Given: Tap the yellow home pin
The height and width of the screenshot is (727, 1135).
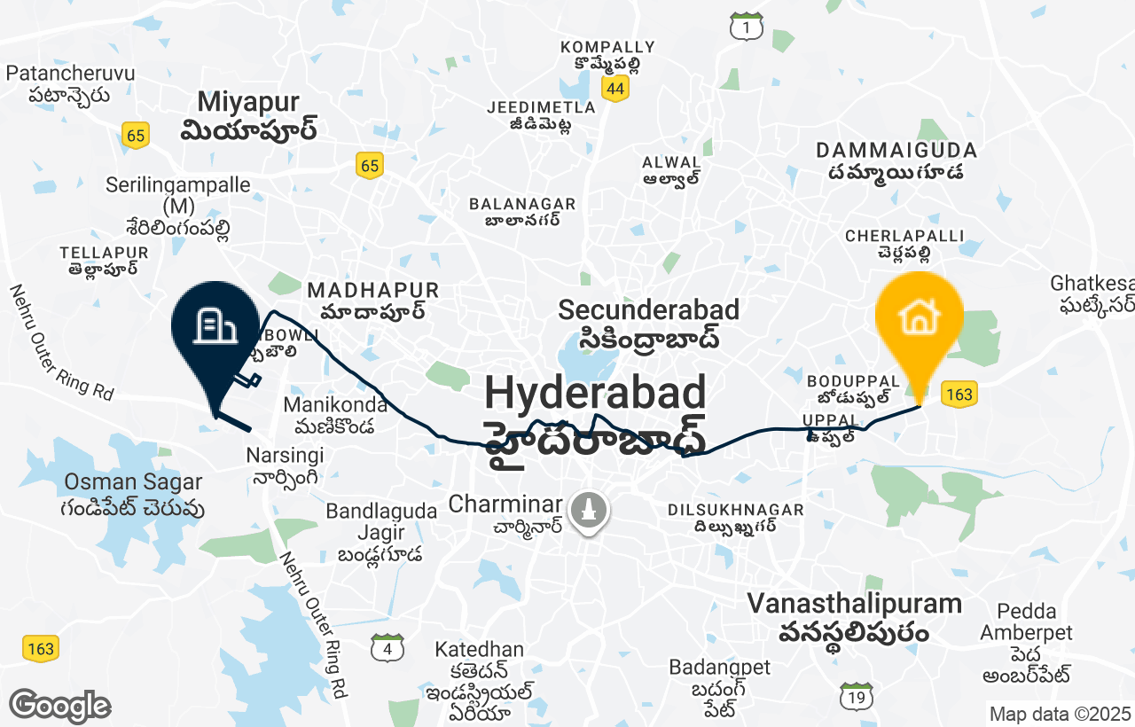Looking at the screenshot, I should coord(919,317).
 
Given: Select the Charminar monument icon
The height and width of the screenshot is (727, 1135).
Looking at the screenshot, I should coord(587,512).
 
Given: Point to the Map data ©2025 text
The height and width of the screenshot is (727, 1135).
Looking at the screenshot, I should coord(1060,714).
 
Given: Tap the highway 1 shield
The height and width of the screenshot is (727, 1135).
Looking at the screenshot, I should coord(747,28).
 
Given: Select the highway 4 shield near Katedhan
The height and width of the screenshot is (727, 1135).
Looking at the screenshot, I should coord(387,648).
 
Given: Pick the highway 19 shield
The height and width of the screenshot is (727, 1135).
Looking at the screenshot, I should coord(856,698).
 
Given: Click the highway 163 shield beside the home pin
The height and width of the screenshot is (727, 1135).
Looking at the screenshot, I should coord(959,394).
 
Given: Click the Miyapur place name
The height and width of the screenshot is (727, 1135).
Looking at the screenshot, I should coord(248,102).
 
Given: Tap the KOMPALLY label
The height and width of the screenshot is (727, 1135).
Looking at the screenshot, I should coord(607,47).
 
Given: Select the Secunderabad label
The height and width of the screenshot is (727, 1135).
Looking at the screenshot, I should coord(648,310).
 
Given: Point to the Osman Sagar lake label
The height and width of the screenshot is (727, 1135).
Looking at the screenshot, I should coord(133,482).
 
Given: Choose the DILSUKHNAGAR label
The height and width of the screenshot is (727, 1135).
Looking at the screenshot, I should coord(735,510).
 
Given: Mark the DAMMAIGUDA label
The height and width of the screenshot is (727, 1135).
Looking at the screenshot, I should coord(896,150).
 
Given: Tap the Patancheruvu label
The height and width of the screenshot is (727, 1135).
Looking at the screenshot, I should coord(70,73).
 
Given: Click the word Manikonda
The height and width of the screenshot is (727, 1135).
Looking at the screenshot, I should coord(335,405).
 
